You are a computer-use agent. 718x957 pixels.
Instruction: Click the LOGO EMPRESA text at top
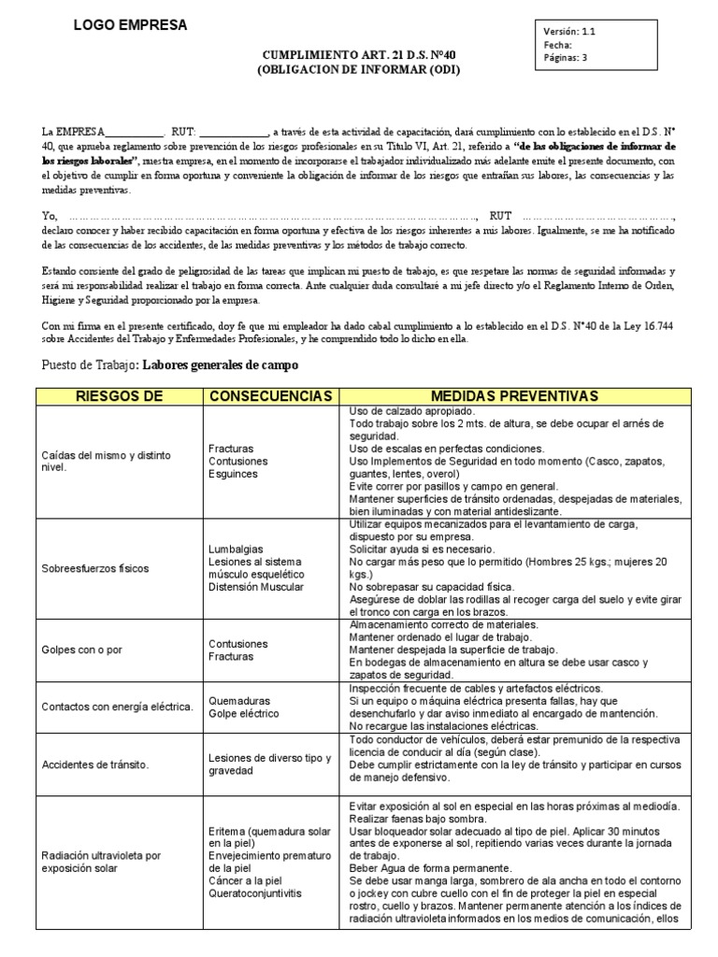point(130,25)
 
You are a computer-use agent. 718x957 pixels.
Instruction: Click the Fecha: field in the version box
point(558,44)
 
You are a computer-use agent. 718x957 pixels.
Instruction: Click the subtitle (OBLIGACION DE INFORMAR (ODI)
point(359,70)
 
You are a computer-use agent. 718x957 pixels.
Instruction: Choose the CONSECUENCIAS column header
point(269,396)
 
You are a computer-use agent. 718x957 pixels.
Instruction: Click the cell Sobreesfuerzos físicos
point(95,568)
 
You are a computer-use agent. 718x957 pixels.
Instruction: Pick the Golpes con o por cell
point(83,650)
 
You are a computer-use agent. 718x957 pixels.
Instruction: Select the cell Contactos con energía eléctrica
point(117,706)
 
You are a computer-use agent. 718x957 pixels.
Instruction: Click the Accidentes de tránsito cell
point(95,764)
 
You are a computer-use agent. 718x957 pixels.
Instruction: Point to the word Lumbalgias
point(236,549)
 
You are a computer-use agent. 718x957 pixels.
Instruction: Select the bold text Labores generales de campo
point(221,364)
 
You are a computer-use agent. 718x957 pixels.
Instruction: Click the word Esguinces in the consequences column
point(234,474)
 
